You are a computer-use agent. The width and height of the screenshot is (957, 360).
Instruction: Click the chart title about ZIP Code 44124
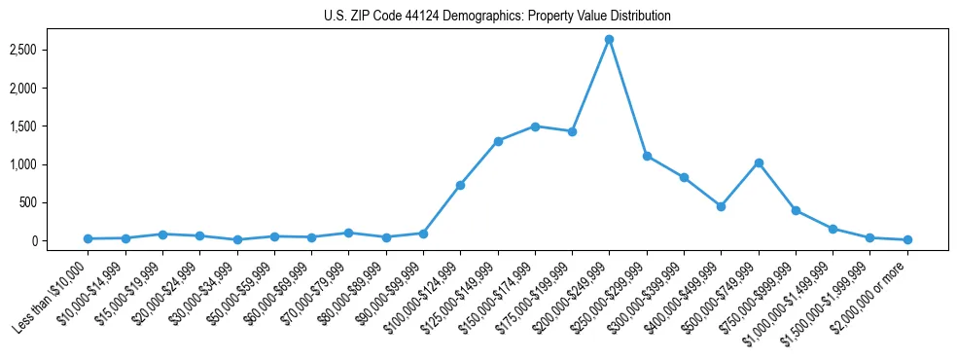[x=497, y=16]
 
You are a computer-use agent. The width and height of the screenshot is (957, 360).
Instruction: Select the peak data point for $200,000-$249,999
[x=609, y=40]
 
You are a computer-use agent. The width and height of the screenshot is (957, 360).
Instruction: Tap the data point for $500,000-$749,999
[x=759, y=162]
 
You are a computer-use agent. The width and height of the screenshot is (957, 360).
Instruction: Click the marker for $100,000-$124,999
[x=460, y=185]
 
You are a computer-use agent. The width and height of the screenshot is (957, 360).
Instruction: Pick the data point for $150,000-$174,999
[x=535, y=126]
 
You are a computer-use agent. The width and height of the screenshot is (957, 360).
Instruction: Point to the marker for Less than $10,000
[x=88, y=238]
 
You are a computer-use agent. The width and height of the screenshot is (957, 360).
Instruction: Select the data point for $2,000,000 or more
[x=907, y=239]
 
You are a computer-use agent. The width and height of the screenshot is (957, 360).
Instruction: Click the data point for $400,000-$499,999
[x=721, y=206]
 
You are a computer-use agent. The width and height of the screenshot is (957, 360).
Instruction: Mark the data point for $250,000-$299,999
[x=647, y=156]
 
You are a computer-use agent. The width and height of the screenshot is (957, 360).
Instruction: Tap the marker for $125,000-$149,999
[x=498, y=141]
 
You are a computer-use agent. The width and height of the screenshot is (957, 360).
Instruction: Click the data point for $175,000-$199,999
[x=572, y=131]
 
